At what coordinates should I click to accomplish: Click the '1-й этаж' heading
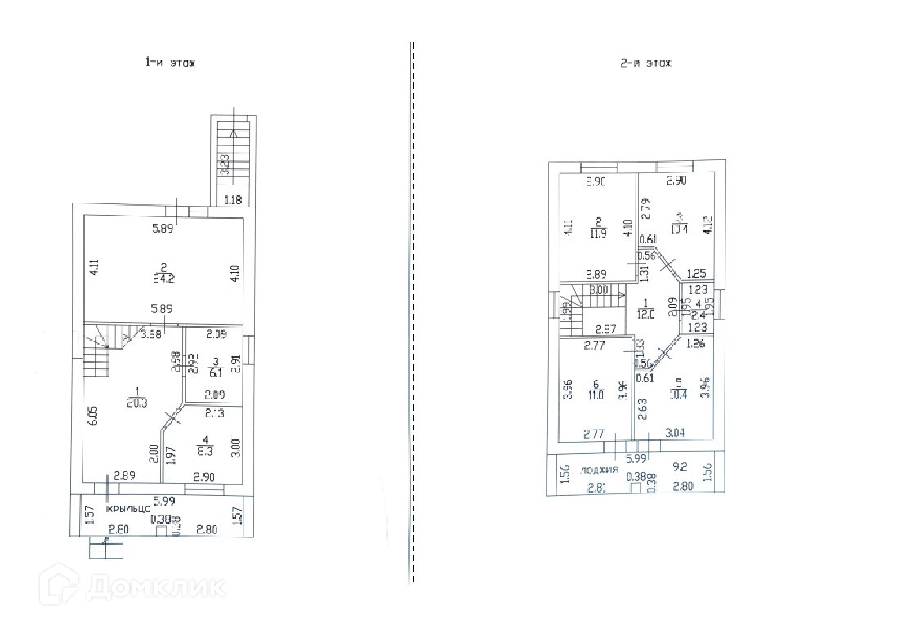click(x=170, y=63)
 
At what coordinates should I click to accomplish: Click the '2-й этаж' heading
click(x=645, y=63)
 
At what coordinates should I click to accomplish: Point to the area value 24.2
click(x=163, y=278)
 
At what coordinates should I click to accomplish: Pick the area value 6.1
click(x=216, y=373)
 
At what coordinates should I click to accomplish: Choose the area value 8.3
click(x=204, y=448)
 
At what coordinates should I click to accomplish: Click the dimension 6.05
click(x=94, y=415)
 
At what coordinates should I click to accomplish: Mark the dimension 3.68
click(x=150, y=332)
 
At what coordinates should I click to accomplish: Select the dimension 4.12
click(x=708, y=225)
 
